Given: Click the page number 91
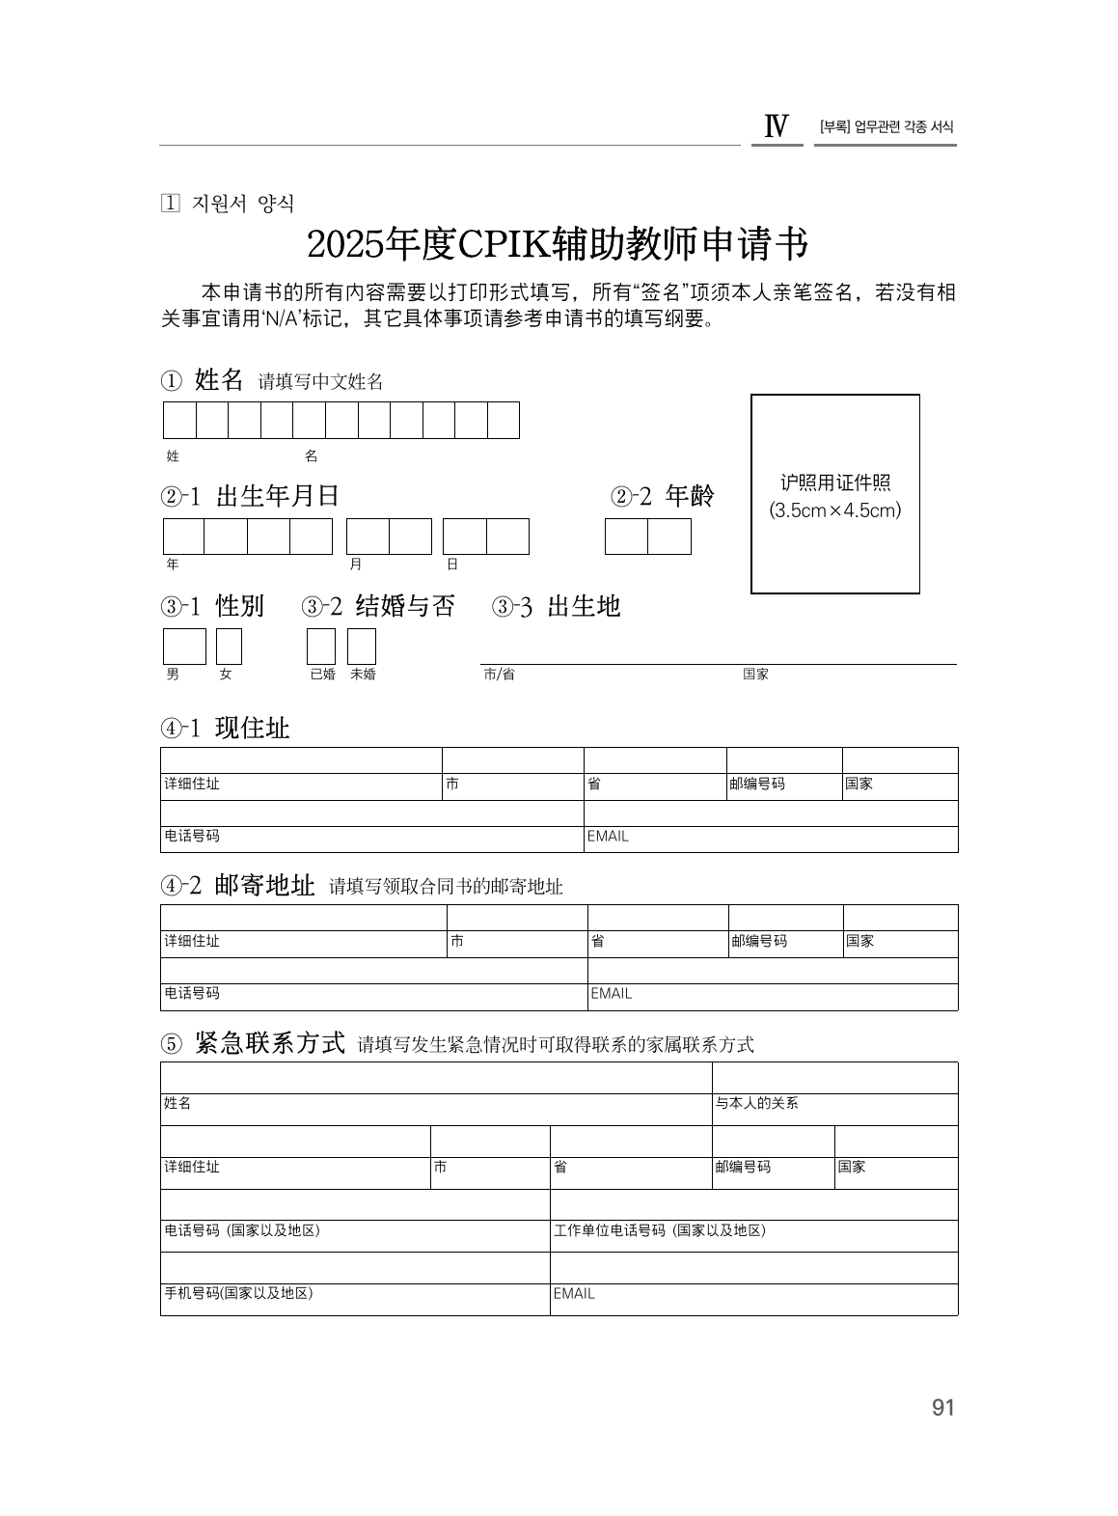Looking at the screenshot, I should (x=942, y=1407).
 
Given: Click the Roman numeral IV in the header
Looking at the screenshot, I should (x=777, y=127).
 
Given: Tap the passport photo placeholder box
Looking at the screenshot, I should (x=834, y=493).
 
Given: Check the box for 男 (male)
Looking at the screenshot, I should (x=184, y=646).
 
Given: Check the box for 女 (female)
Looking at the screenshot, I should (x=229, y=646).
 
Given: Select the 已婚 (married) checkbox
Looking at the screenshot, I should (x=321, y=646).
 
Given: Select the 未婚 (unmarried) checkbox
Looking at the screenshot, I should (x=362, y=646).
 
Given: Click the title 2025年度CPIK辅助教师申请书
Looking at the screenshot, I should (x=558, y=245).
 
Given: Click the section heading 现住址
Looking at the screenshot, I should (x=252, y=728).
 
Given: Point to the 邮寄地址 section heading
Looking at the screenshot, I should (x=264, y=885).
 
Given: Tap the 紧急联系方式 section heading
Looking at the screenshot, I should (x=269, y=1043).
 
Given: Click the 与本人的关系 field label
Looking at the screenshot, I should (x=756, y=1103).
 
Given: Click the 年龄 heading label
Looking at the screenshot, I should (x=690, y=496).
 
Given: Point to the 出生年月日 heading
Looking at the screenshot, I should (x=278, y=496).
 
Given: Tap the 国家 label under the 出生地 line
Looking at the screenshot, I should (x=755, y=675).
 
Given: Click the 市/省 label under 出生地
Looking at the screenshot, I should (x=499, y=675).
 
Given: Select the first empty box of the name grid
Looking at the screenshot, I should (x=179, y=420).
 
